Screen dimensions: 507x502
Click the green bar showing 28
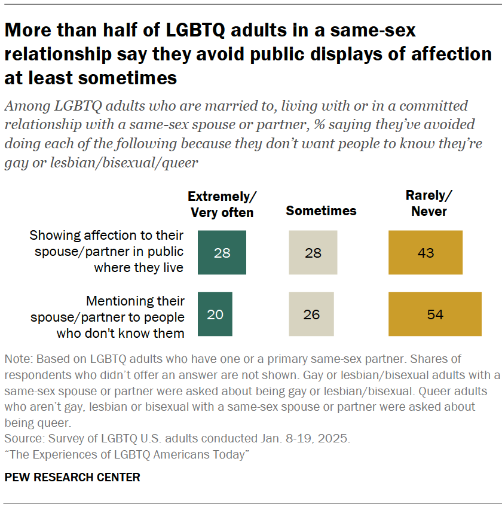tap(222, 252)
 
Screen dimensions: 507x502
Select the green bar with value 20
tap(215, 314)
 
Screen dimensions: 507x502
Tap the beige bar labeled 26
tap(311, 314)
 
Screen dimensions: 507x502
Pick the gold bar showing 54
tap(434, 314)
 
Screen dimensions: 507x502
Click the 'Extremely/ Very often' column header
tap(222, 204)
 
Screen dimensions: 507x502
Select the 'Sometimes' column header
tap(321, 210)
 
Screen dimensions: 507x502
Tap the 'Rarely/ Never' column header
tap(428, 203)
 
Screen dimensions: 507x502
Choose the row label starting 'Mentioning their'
tap(108, 317)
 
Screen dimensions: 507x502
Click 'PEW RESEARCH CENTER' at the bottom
tap(72, 477)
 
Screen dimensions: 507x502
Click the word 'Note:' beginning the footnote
tap(19, 359)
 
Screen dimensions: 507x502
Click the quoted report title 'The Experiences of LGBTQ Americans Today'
tap(126, 454)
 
